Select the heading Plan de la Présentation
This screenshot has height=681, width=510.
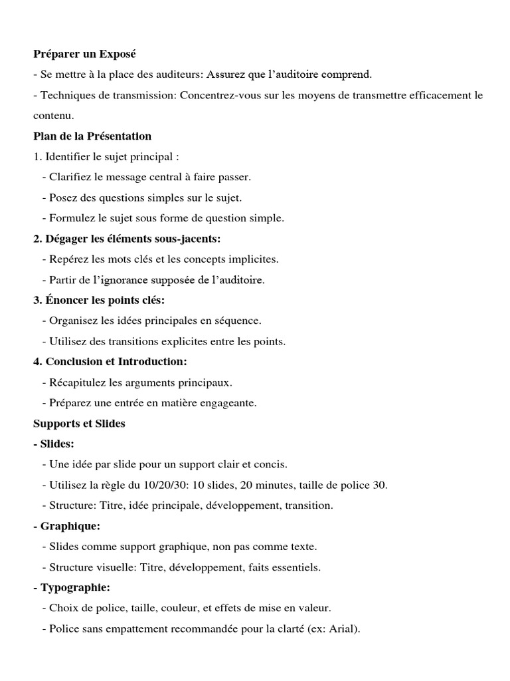point(92,136)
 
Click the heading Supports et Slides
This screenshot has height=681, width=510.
point(79,423)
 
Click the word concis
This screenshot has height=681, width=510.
point(270,464)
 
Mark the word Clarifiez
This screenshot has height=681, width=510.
point(72,177)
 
